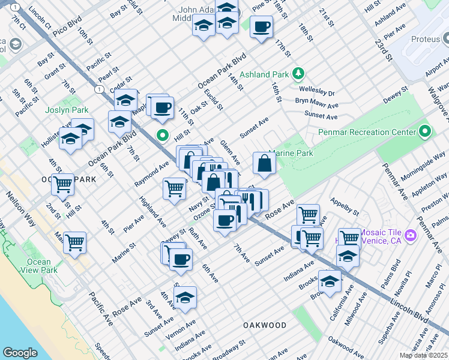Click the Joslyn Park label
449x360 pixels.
click(x=67, y=110)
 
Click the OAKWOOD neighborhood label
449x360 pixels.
click(x=265, y=325)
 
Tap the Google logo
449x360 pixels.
click(x=20, y=353)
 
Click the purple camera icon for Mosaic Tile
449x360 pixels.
click(x=410, y=234)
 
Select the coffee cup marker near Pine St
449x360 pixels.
click(x=261, y=27)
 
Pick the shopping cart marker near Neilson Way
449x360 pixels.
click(x=75, y=243)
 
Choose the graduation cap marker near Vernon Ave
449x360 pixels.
click(x=185, y=297)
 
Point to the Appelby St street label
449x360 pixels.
click(x=343, y=208)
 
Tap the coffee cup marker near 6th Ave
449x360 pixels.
click(x=180, y=260)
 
